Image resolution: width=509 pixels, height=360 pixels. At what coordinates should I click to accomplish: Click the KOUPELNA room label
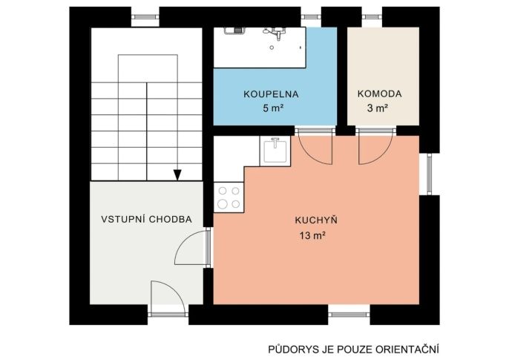271,94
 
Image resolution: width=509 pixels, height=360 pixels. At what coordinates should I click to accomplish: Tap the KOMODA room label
379,94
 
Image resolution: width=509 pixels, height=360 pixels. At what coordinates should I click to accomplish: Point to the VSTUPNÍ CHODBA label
146,219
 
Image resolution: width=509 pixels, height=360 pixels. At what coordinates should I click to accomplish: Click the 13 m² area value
312,235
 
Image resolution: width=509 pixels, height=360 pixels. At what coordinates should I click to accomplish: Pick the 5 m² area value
273,108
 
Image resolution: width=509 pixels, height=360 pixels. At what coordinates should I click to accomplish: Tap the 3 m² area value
378,108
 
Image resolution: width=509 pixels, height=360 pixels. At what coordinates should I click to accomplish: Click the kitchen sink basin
275,151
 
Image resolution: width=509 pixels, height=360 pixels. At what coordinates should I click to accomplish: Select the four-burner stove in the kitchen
229,197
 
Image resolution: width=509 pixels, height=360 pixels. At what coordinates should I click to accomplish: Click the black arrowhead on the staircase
177,175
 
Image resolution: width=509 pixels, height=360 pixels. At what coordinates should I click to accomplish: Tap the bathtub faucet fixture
275,33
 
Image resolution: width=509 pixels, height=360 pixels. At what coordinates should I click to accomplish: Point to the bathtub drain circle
272,48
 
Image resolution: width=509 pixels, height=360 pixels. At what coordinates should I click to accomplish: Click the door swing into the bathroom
315,148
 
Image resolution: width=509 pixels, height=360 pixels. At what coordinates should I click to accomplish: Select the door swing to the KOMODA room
375,148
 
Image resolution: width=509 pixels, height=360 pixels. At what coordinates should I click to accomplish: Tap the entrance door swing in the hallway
168,298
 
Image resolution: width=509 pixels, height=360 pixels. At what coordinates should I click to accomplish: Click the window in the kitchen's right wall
429,174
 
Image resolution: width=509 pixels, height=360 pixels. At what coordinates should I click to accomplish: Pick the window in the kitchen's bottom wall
349,314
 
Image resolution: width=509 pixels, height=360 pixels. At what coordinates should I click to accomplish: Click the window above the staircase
145,16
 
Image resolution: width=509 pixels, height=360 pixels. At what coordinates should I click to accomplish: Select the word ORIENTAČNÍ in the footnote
407,350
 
